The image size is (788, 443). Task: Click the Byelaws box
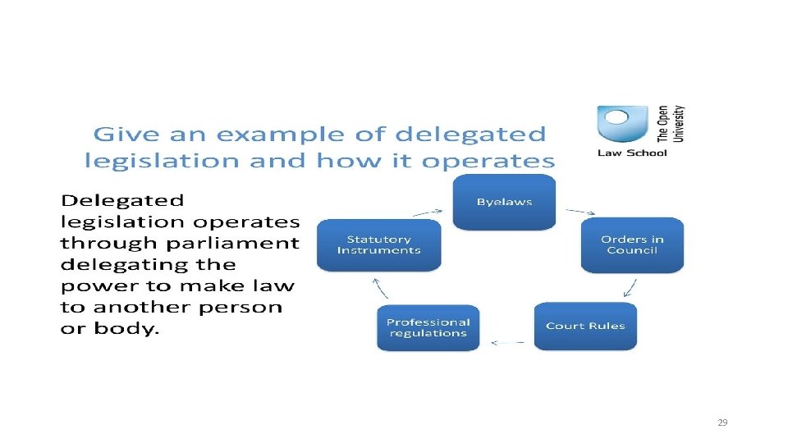[x=504, y=202]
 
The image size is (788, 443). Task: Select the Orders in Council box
[x=632, y=244]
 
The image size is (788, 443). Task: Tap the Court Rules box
[x=585, y=326]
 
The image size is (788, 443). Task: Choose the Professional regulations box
[x=428, y=327]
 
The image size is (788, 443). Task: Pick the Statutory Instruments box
[x=378, y=244]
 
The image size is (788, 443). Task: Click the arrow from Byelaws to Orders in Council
[x=573, y=210]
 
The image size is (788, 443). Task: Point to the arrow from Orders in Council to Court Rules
[x=629, y=287]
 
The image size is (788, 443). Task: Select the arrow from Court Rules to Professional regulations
[x=506, y=341]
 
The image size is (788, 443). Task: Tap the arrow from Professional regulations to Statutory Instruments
[x=380, y=287]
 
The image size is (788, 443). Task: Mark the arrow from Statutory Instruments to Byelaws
[x=428, y=211]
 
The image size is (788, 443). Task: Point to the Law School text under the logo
[x=632, y=153]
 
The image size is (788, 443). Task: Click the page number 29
[x=722, y=422]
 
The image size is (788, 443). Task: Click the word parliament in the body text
[x=247, y=244]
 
